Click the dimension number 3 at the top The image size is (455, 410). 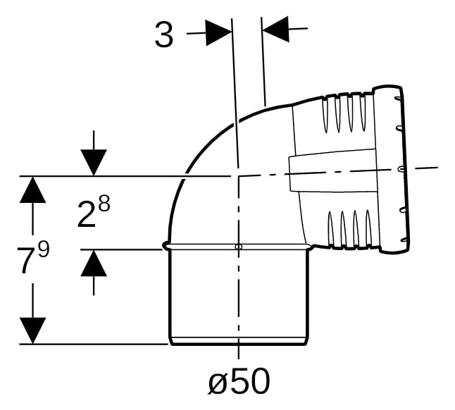(x=164, y=35)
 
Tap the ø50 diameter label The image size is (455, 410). (x=239, y=381)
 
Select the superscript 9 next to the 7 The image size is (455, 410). (x=44, y=250)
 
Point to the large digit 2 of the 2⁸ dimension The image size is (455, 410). (x=87, y=215)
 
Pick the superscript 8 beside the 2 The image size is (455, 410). (x=104, y=202)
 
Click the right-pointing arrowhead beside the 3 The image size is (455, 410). (x=218, y=33)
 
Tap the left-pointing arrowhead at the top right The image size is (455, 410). (x=275, y=30)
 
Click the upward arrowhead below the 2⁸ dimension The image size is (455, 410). (x=94, y=263)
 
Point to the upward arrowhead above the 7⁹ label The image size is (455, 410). (x=32, y=190)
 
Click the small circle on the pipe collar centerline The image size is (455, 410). (x=239, y=247)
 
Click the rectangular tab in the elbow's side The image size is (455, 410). (x=332, y=170)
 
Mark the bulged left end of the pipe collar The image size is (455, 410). (x=166, y=246)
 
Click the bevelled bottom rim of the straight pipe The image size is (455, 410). (x=239, y=341)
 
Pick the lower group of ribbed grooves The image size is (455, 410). (x=350, y=229)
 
